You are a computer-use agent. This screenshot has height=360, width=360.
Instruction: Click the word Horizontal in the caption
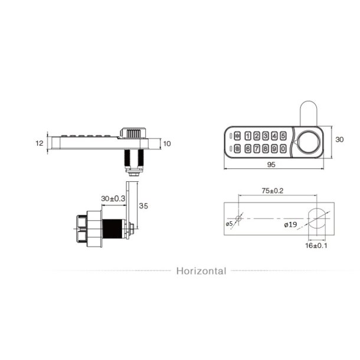tap(201, 271)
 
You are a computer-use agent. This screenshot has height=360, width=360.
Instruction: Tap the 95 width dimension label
tap(271, 165)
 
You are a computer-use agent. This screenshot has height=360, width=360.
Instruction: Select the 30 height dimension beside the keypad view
tap(339, 140)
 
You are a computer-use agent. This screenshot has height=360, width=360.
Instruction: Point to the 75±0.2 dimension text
tap(272, 191)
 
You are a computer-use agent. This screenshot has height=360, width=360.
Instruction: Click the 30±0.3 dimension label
tap(113, 199)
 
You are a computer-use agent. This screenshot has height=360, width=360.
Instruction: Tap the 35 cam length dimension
tap(143, 206)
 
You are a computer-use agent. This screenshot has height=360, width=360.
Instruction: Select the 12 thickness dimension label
tap(40, 143)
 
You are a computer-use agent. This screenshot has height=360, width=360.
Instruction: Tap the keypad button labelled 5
tap(284, 136)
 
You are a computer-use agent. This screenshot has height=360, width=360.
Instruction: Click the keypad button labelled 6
tap(248, 149)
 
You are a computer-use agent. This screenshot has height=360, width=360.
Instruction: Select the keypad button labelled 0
tap(284, 149)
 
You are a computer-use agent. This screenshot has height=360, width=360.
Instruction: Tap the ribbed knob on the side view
tap(132, 132)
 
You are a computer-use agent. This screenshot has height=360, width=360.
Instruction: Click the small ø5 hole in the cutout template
tap(238, 219)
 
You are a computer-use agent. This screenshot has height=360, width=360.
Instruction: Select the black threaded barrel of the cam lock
tap(113, 227)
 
